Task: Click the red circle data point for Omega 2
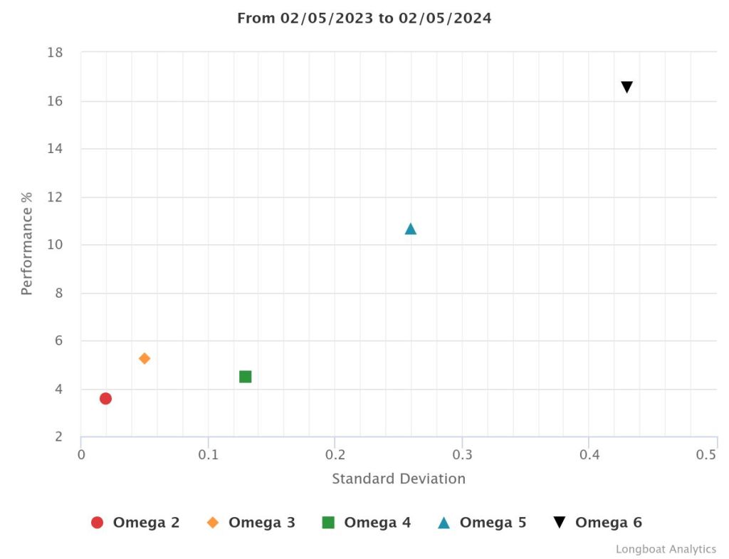(105, 398)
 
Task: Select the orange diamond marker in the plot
(145, 358)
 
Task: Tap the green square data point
(246, 377)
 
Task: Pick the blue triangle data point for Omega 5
(411, 229)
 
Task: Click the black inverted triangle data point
(627, 87)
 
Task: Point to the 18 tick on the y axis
(55, 53)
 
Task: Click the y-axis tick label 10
(55, 245)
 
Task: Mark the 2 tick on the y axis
(58, 437)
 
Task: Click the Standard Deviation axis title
(399, 479)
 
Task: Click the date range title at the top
(364, 19)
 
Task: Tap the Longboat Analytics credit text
(666, 549)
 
